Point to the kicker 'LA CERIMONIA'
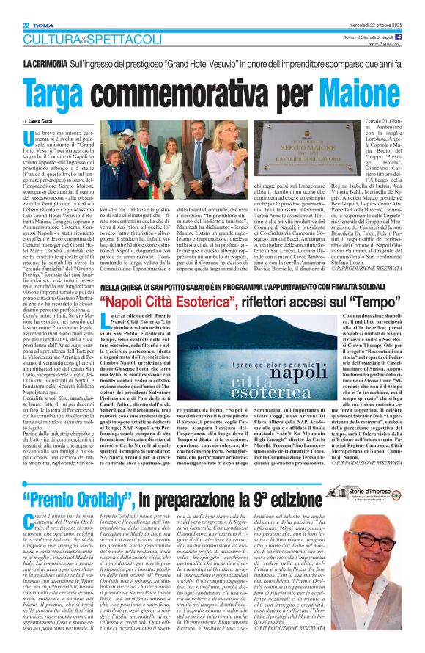pyautogui.click(x=48, y=65)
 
